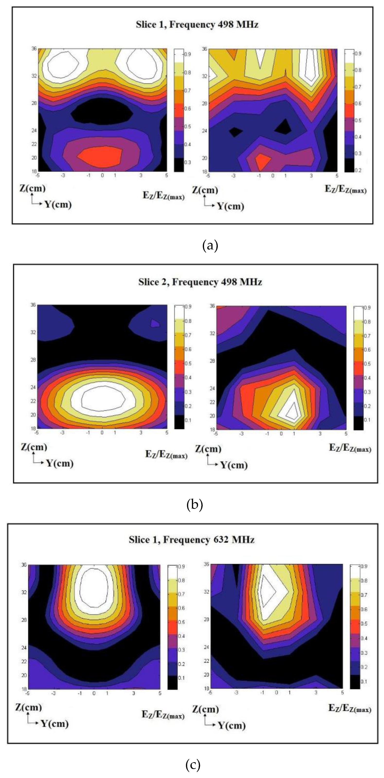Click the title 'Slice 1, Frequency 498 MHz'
click(x=197, y=25)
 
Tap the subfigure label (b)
click(x=195, y=504)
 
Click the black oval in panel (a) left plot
click(x=102, y=111)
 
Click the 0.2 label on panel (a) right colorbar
click(x=358, y=170)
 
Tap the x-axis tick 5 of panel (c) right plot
click(x=342, y=692)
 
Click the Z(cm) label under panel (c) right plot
click(x=205, y=709)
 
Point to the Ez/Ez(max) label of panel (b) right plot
click(x=350, y=448)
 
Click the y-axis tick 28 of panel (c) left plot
click(x=24, y=620)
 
